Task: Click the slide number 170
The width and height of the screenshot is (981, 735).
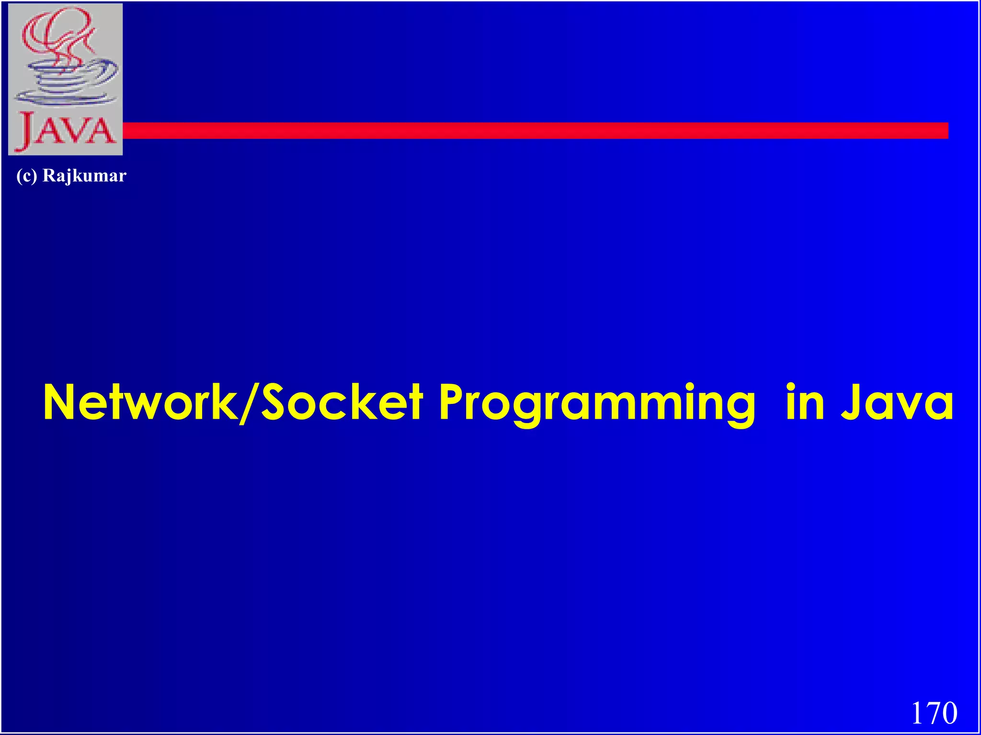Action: coord(934,713)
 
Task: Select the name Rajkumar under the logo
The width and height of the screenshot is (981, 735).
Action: coord(84,176)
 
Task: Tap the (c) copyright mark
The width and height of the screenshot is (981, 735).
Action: coord(27,176)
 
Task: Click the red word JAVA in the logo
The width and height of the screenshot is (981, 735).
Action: coord(66,130)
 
